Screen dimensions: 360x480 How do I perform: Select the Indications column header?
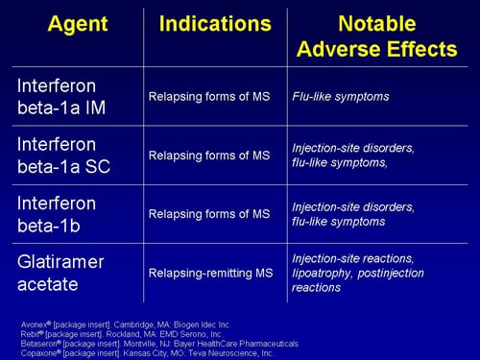point(215,23)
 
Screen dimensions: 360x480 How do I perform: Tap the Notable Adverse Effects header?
point(378,36)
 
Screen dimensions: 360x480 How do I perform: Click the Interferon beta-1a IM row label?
point(58,97)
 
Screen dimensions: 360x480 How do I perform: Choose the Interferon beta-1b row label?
point(57,214)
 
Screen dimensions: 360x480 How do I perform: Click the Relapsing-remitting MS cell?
point(209,273)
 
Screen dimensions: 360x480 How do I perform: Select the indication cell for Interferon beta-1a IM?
point(209,97)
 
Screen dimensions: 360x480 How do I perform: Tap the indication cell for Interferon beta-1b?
point(209,214)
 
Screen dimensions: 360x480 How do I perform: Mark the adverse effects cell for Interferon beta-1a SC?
point(353,156)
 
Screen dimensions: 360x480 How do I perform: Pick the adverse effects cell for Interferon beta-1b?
point(353,214)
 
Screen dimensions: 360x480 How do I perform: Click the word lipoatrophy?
point(323,273)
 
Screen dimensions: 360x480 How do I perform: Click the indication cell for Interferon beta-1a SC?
point(209,156)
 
